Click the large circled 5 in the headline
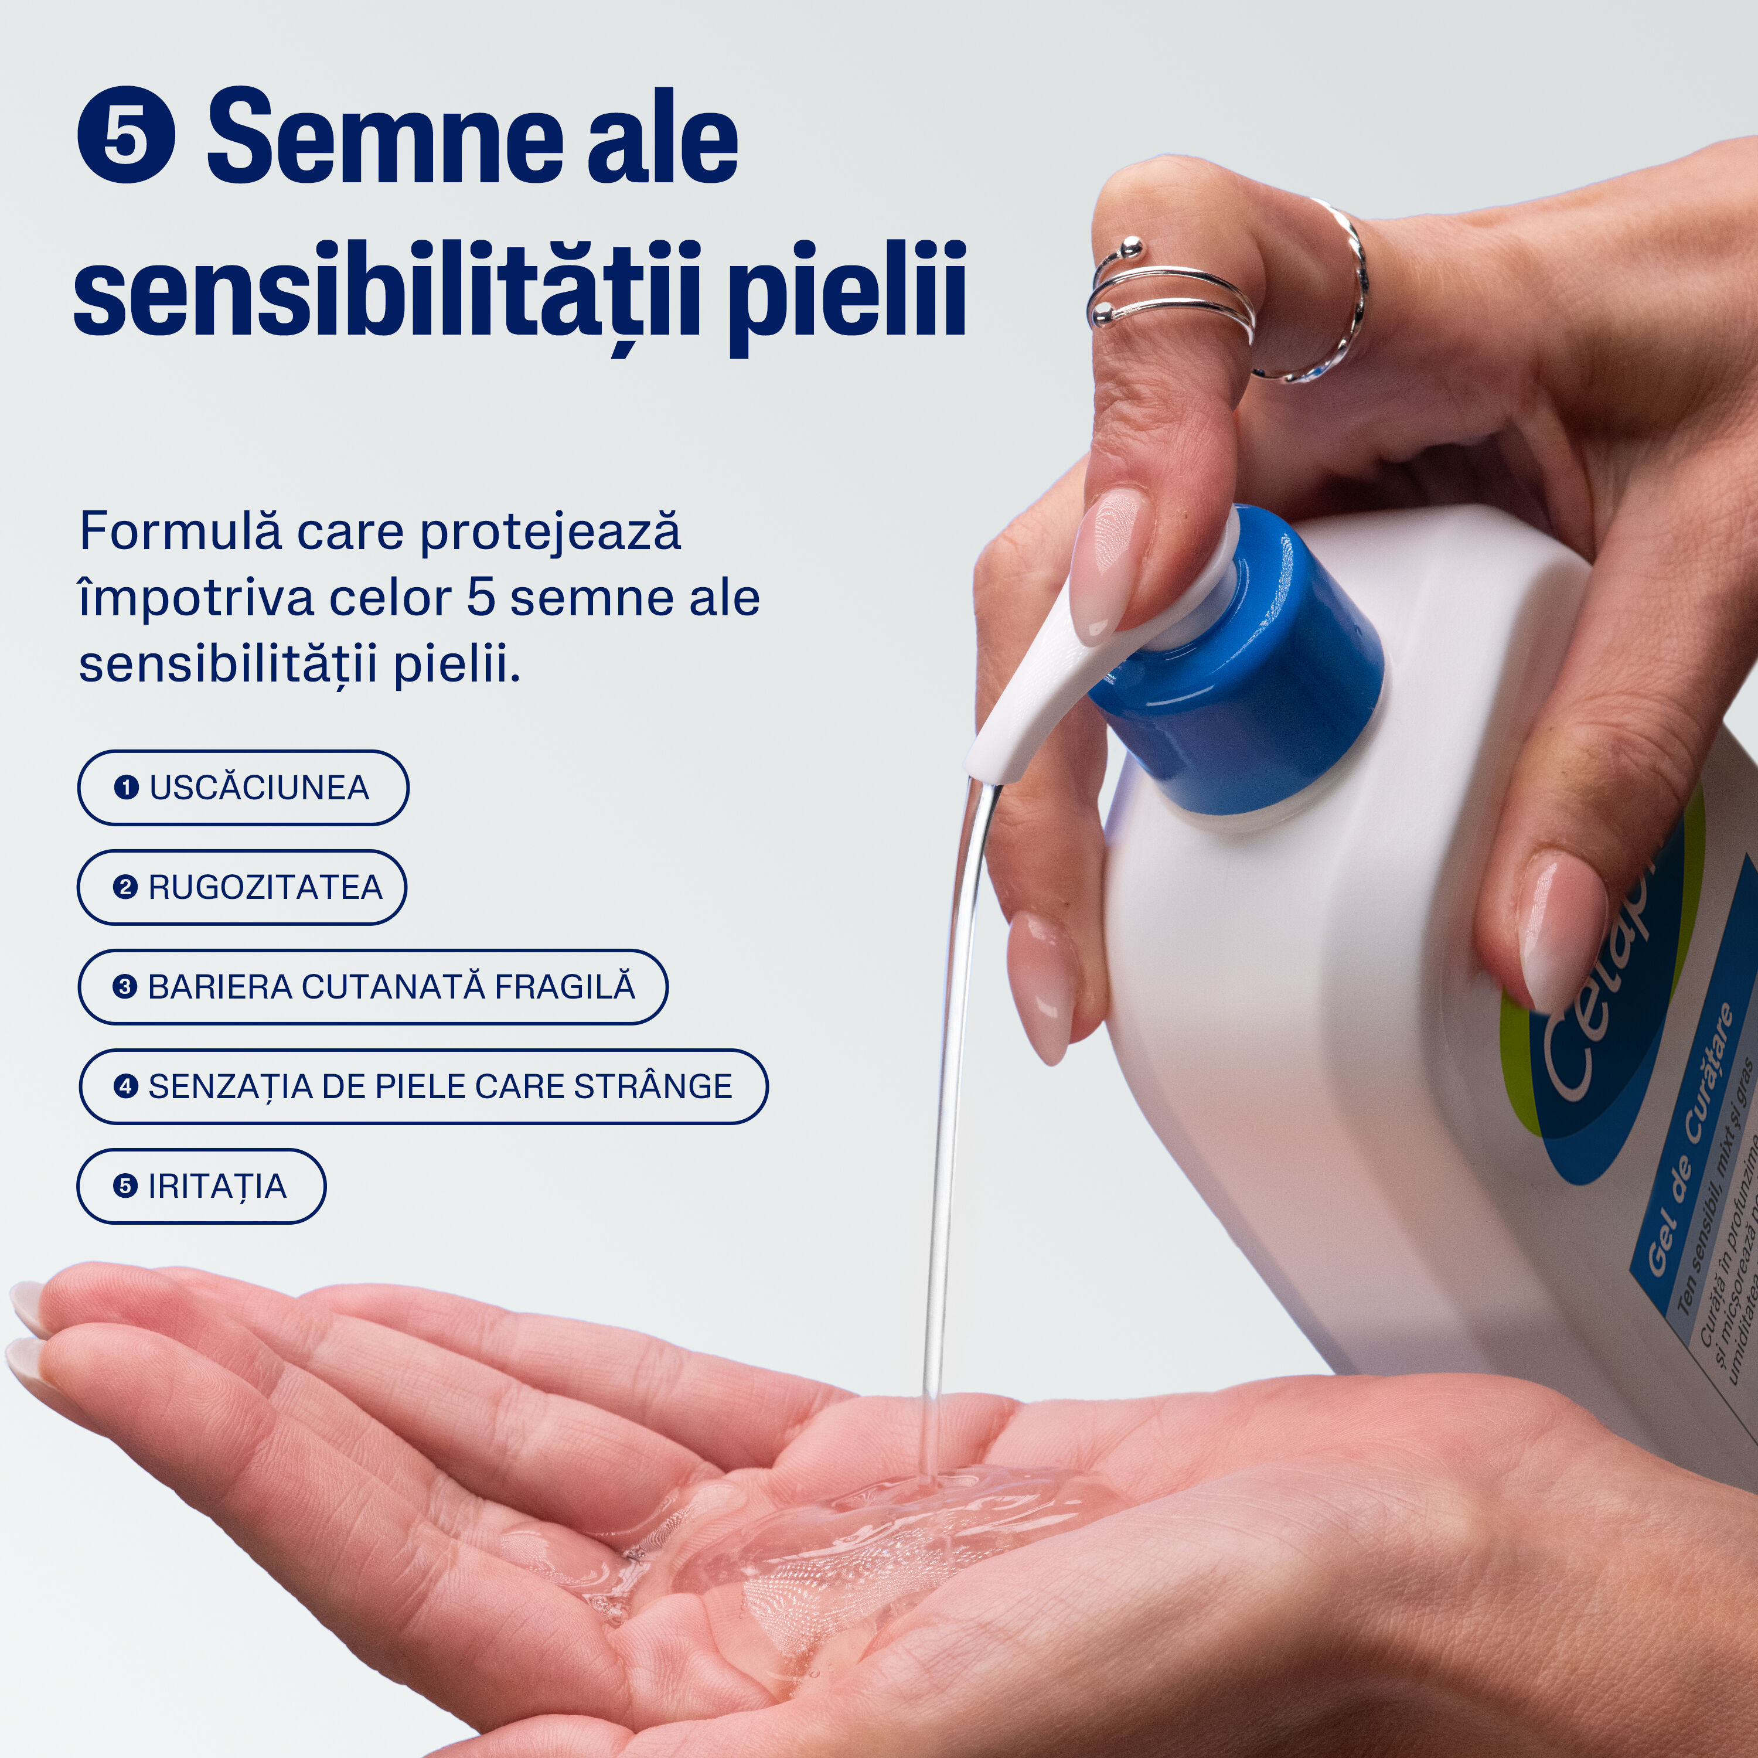(x=125, y=135)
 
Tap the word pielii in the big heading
(x=846, y=291)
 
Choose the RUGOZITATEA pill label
(x=242, y=887)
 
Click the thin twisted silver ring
(x=1338, y=300)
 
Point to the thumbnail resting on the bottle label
(x=1561, y=933)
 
